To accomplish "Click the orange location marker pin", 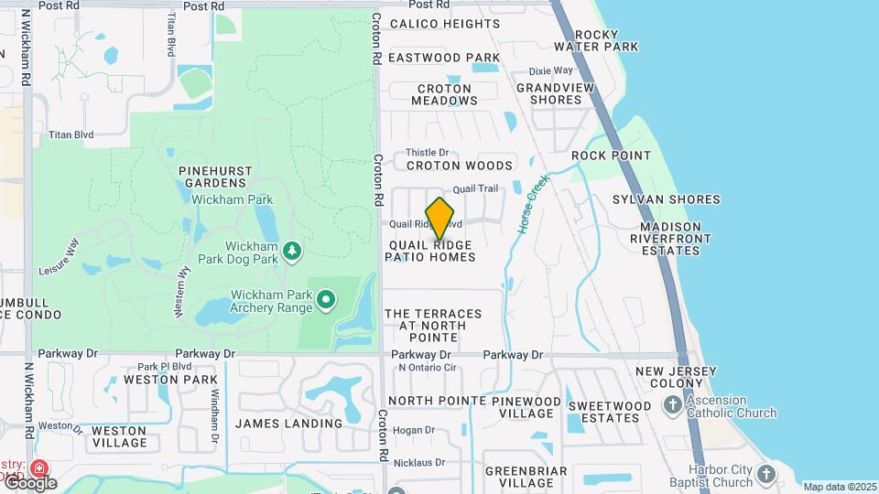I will point(440,218).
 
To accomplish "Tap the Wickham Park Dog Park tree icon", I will point(292,251).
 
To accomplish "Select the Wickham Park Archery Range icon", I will point(325,299).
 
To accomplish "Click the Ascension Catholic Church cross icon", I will point(673,404).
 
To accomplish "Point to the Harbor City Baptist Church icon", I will point(765,474).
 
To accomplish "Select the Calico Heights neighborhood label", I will point(445,24).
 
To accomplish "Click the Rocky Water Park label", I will point(608,39).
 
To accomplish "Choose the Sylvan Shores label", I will point(666,199).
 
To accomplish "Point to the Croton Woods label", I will point(459,166).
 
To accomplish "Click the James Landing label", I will point(288,424).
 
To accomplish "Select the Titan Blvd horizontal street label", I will point(71,134).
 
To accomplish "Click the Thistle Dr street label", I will point(427,152).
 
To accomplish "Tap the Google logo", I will point(29,482).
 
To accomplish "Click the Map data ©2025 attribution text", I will point(839,487).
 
